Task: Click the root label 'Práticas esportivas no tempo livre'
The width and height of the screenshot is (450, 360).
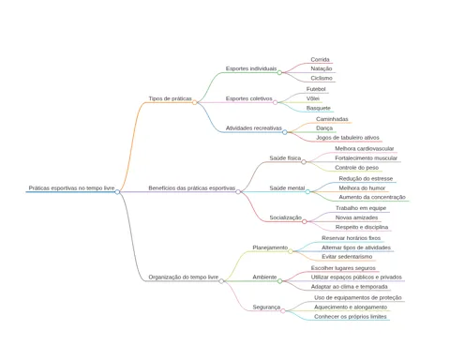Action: [x=71, y=188]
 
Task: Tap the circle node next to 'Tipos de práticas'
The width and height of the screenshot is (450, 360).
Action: [x=194, y=102]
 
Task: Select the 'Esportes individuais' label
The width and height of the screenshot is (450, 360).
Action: [x=251, y=68]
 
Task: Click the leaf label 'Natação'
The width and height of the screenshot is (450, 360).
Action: [x=322, y=68]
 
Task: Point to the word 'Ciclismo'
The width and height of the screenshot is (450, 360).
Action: [x=322, y=78]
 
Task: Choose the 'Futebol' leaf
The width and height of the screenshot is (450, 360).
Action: [x=316, y=89]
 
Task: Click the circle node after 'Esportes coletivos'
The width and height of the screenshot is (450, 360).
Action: [x=275, y=102]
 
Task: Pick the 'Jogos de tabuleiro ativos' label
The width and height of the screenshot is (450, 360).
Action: [x=348, y=138]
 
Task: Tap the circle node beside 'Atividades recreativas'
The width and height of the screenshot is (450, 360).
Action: [x=285, y=132]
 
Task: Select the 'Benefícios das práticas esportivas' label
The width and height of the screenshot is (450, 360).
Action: [x=192, y=188]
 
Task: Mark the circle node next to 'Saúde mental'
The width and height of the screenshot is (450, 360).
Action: [x=307, y=191]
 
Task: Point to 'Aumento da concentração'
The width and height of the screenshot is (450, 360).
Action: [x=372, y=197]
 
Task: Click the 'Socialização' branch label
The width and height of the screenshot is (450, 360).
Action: [x=286, y=217]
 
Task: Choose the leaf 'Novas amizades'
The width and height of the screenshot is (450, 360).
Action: [x=356, y=217]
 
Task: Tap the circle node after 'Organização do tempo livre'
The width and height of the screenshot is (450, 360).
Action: [x=221, y=281]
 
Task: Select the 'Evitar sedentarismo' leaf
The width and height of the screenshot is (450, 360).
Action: [x=347, y=257]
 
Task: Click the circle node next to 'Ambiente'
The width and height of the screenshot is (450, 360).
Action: [x=279, y=281]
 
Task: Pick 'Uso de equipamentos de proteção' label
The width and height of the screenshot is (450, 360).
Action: [x=358, y=298]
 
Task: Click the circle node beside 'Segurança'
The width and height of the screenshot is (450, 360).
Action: [x=283, y=311]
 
